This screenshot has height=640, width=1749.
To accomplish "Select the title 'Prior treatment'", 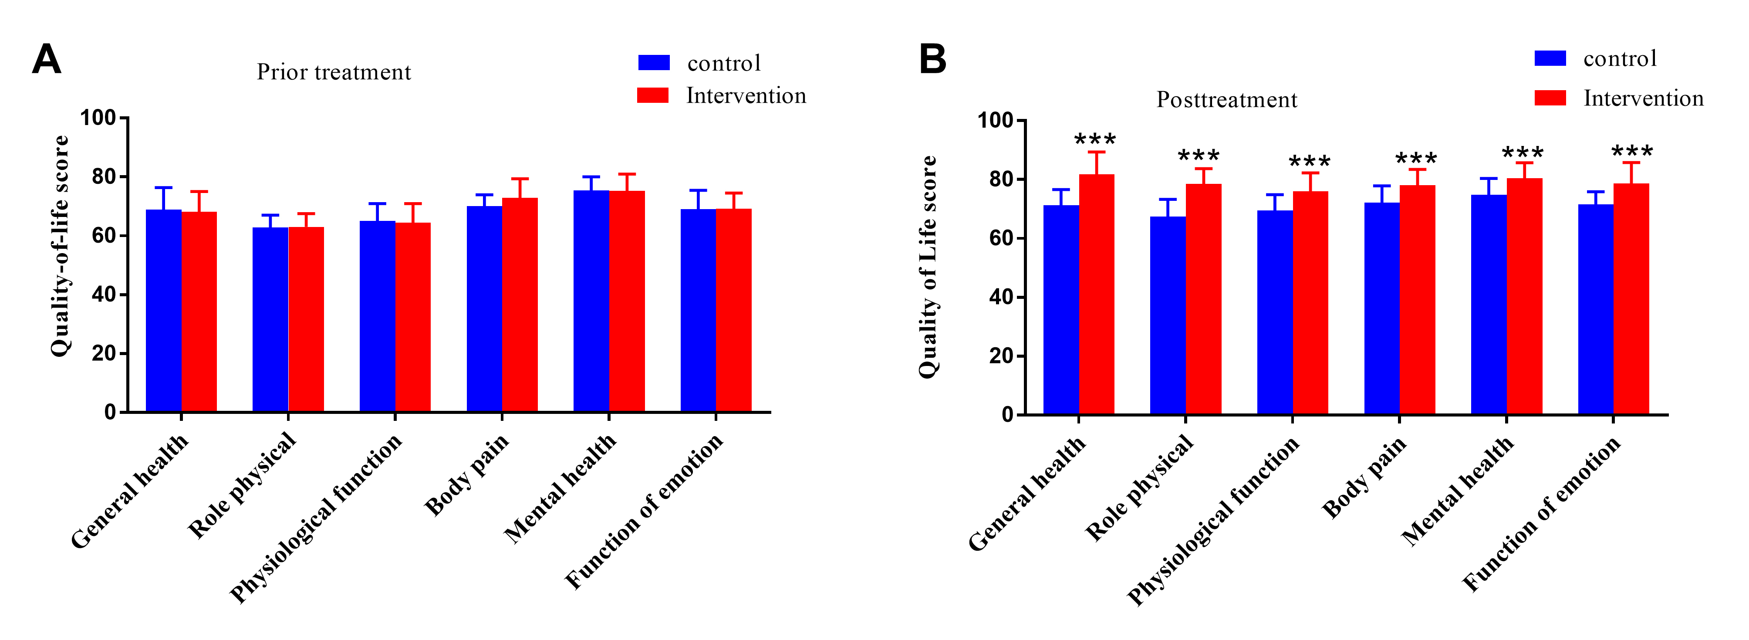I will tap(333, 72).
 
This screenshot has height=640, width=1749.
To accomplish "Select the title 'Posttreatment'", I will tap(1226, 100).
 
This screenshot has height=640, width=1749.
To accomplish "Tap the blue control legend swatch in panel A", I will tap(653, 62).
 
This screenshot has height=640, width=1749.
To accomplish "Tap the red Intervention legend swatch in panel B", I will tap(1550, 98).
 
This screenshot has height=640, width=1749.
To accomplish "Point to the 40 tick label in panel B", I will tap(1001, 297).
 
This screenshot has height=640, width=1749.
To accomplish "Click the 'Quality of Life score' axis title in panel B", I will tap(928, 267).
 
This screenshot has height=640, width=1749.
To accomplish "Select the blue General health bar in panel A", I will tap(164, 311).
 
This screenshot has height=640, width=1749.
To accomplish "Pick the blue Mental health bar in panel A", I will tap(591, 301).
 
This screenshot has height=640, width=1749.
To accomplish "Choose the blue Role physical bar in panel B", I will tap(1168, 315).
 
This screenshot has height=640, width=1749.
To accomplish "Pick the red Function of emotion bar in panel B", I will tap(1631, 299).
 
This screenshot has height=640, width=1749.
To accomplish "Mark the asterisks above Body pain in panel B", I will tap(1416, 159).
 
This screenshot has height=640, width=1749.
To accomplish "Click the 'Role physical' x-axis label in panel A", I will tap(243, 485).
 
